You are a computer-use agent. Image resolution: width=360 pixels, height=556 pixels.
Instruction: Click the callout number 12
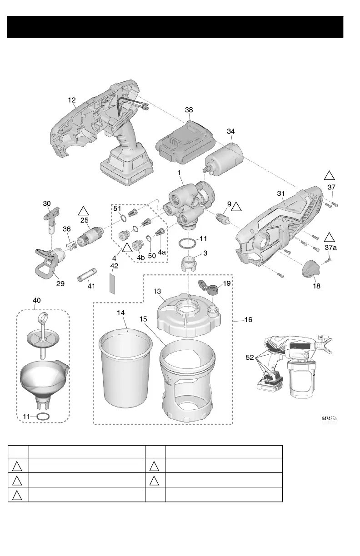[x=72, y=99]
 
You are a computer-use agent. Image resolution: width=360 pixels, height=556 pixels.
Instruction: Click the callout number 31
[x=281, y=194]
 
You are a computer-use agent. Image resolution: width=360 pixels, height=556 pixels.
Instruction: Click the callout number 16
[x=248, y=320]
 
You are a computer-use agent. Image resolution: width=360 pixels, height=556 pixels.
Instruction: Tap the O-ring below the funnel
[x=44, y=417]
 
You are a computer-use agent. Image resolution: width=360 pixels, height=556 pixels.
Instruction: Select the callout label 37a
[x=330, y=247]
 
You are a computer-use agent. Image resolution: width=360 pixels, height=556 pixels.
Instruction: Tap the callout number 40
[x=36, y=300]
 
